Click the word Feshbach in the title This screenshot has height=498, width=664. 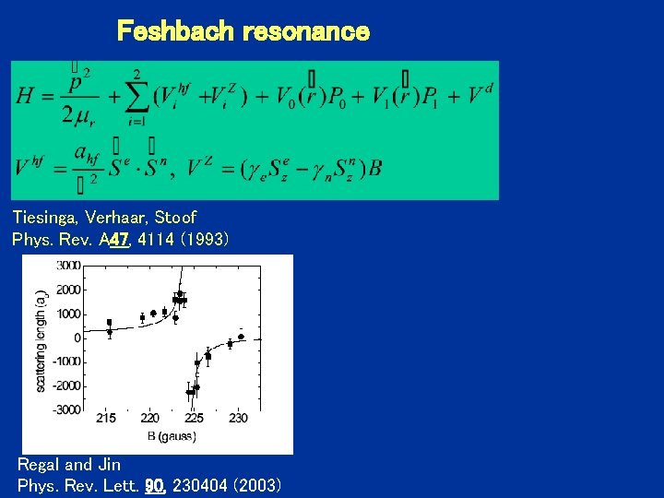[x=176, y=32]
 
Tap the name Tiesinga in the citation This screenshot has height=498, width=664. [x=45, y=218]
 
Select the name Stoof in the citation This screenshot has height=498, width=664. [x=174, y=218]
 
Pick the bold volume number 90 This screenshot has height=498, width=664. [x=154, y=485]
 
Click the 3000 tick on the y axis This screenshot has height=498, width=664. [x=68, y=266]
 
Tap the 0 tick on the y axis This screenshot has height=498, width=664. [x=77, y=338]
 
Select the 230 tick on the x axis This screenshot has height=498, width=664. [x=238, y=418]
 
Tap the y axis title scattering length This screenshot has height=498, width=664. [x=41, y=338]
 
